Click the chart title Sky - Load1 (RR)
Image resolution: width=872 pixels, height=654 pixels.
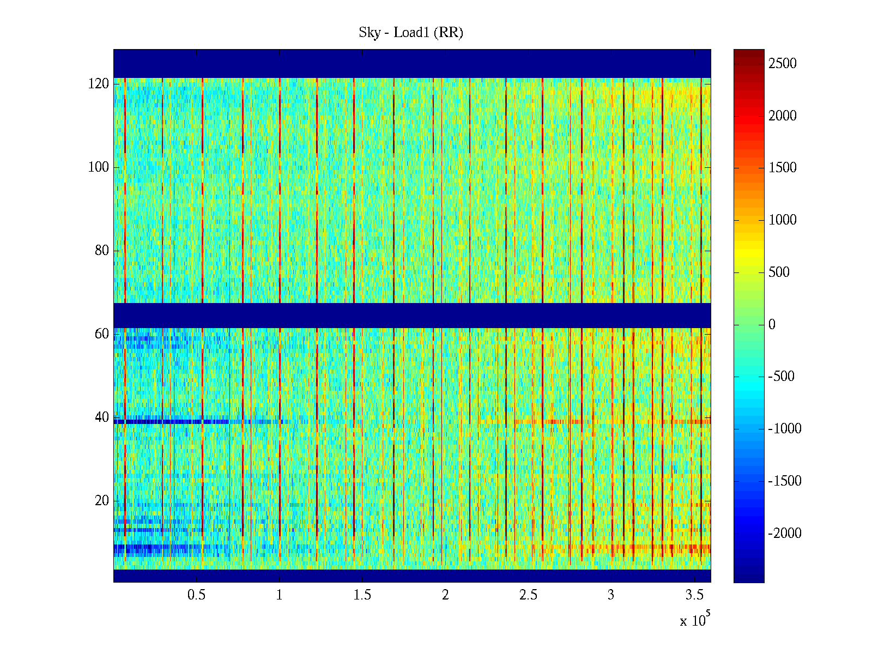[x=411, y=33]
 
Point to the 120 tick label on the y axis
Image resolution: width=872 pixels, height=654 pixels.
[x=99, y=84]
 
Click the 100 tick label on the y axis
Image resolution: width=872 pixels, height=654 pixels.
[x=99, y=167]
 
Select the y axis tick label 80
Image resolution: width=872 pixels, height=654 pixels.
[x=102, y=251]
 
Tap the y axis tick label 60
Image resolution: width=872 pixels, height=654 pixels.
[x=102, y=334]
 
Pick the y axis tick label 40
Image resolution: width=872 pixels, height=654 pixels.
[x=102, y=417]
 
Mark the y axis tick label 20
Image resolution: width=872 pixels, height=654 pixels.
[x=102, y=501]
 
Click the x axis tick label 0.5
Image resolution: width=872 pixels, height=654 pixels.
[x=197, y=595]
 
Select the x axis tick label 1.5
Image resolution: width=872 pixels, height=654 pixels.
[x=362, y=595]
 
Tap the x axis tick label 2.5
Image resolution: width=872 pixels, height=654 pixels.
[x=528, y=595]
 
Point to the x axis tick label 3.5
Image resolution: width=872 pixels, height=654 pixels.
[x=694, y=595]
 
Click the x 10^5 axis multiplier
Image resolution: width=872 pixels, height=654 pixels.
[x=694, y=620]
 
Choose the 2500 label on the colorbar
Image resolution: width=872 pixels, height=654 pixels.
[x=783, y=64]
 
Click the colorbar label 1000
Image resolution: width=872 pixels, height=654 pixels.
[x=783, y=220]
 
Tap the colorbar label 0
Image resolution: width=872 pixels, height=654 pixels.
[x=772, y=325]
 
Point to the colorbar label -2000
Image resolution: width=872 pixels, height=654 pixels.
[x=785, y=534]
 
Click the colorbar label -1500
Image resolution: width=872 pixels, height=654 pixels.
[x=785, y=481]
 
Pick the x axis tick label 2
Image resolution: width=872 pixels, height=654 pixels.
[x=445, y=595]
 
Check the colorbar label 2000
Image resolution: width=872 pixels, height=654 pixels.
[x=783, y=116]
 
